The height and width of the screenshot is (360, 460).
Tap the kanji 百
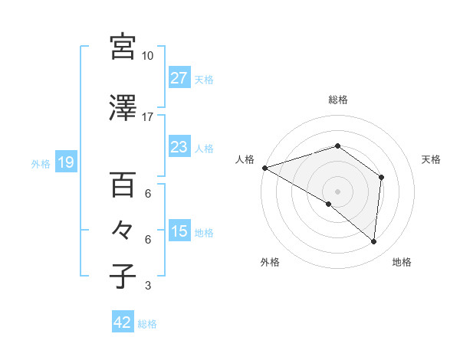(x=123, y=184)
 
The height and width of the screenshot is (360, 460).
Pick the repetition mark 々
(x=123, y=230)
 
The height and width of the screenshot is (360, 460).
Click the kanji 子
(x=123, y=275)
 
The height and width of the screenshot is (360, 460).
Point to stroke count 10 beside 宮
(x=148, y=56)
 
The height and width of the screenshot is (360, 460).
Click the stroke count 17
(x=148, y=117)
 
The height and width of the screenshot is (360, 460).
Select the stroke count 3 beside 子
(x=148, y=286)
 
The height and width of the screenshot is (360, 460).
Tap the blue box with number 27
(x=179, y=77)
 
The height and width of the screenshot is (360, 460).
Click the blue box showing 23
(x=179, y=146)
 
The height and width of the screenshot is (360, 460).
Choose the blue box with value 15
(x=179, y=231)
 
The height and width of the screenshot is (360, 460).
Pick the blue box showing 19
(x=65, y=162)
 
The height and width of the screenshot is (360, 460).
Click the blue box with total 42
(x=123, y=322)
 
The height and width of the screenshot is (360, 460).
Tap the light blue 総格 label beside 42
(x=148, y=324)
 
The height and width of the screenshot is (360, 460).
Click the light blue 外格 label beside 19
(x=41, y=163)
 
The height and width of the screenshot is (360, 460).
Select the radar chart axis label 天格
(x=432, y=159)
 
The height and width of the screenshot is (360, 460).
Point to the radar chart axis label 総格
(x=338, y=100)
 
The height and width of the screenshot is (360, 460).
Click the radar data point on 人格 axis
(x=264, y=167)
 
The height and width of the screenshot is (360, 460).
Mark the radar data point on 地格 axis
(x=373, y=241)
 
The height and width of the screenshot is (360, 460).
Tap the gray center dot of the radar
(x=337, y=191)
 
